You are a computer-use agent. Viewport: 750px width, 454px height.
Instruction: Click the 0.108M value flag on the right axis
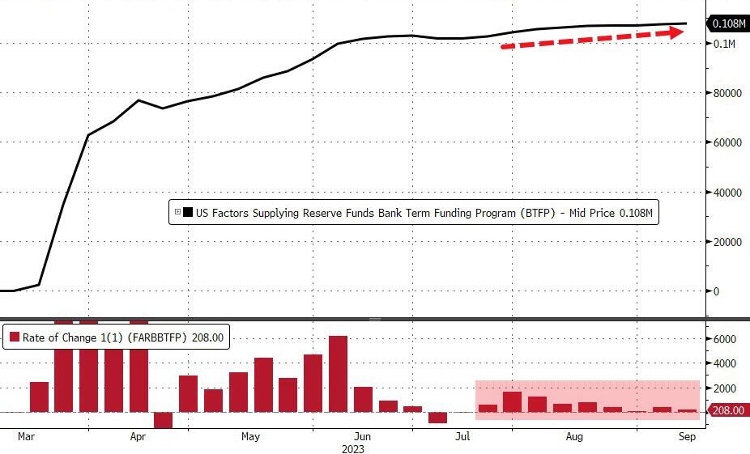728,23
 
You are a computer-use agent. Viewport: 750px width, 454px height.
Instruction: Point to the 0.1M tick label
723,43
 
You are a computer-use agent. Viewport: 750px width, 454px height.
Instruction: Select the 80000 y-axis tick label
727,93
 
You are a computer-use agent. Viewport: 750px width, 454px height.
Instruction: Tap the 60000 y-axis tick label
727,142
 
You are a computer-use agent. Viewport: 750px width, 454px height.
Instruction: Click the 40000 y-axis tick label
727,193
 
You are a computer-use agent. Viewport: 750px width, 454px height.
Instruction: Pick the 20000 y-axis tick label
727,242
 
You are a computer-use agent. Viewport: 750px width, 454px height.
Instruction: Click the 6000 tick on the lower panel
724,340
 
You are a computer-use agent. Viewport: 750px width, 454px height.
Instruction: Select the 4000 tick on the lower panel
724,364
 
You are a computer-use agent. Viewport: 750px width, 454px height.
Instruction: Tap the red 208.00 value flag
729,411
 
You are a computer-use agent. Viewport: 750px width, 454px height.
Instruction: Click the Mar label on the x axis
27,437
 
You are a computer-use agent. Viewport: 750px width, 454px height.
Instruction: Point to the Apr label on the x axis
138,437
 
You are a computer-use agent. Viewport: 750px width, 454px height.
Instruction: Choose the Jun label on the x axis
364,437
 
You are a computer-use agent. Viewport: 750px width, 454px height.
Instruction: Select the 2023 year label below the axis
352,448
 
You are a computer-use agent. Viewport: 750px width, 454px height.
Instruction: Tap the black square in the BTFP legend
188,213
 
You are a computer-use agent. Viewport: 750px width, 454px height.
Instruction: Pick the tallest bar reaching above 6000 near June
338,374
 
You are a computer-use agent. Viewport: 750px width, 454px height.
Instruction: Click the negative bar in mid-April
163,419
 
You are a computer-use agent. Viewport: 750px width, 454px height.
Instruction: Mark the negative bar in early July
438,417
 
